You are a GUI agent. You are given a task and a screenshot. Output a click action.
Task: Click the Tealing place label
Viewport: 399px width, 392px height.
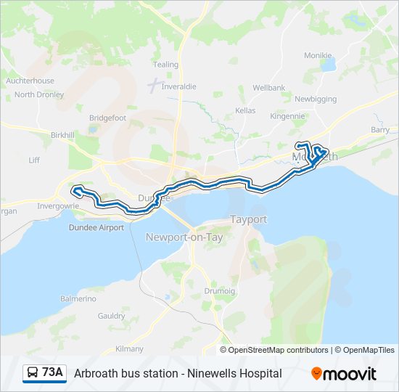(166, 65)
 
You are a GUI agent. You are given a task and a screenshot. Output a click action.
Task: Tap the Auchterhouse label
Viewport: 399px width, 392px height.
(30, 81)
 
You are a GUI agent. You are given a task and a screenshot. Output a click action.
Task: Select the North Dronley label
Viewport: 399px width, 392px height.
(39, 94)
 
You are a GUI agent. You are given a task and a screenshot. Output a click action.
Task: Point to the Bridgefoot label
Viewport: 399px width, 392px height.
(107, 118)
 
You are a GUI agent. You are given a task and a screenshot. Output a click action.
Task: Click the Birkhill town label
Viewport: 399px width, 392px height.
(63, 135)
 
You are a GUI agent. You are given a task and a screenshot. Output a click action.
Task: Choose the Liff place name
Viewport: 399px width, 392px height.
(34, 160)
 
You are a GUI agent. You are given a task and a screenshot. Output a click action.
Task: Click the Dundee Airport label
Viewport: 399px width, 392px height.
(96, 227)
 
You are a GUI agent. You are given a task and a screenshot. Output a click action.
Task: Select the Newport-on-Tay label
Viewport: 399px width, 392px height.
(184, 237)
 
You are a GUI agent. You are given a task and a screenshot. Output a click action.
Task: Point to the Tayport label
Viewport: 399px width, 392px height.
(248, 219)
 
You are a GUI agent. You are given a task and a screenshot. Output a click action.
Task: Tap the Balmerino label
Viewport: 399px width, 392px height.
(78, 298)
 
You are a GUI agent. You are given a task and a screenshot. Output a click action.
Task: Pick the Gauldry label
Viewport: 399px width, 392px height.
(111, 316)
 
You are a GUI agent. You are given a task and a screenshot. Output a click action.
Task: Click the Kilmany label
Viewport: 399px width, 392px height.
(129, 349)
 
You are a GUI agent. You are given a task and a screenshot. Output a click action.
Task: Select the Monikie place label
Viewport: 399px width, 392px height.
(318, 55)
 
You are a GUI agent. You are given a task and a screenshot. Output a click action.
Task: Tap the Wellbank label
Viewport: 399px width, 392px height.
(269, 87)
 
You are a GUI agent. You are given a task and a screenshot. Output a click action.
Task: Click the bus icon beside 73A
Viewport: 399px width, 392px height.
(33, 373)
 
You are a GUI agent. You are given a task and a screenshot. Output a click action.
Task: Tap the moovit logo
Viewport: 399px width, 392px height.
(344, 373)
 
